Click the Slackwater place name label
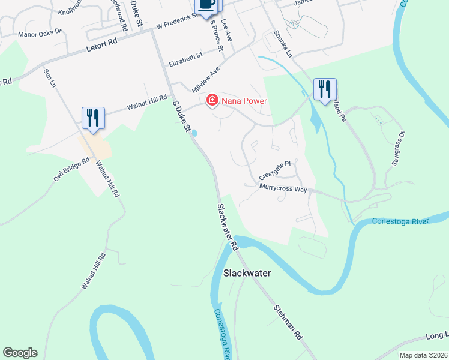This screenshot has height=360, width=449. tap(247, 273)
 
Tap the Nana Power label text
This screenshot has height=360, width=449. tap(244, 101)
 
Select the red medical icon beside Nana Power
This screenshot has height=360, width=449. tap(212, 100)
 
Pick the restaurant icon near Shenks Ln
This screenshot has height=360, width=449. tap(324, 89)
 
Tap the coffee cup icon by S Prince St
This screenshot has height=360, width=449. tap(206, 5)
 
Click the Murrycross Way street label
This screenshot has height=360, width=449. tap(283, 188)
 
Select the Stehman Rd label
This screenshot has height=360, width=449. tap(288, 323)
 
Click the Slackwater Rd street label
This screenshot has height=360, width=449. tap(228, 227)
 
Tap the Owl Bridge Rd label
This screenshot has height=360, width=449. tap(71, 169)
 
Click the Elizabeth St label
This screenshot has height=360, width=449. tap(185, 58)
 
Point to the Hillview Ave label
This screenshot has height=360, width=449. tap(206, 79)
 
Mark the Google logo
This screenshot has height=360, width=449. tap(20, 353)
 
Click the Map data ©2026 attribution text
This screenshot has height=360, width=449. tap(423, 355)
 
